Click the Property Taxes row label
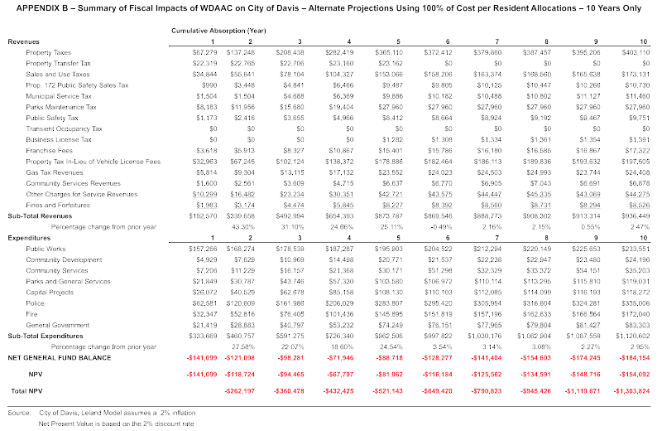48,51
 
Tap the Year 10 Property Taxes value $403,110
635,51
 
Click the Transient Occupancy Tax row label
64,129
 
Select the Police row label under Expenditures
36,303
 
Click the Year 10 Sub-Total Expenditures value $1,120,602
631,337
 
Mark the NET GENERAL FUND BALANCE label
60,358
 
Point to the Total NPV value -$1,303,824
631,390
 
